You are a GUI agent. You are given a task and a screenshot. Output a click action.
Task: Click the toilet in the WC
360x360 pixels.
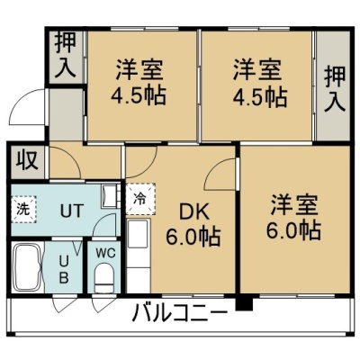(x=104, y=277)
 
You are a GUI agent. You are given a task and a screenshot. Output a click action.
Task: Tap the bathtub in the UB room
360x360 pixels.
(x=28, y=267)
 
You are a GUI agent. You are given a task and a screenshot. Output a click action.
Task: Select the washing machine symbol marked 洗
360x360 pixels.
(x=24, y=210)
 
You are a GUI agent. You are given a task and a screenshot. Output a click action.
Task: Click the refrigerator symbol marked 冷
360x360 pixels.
(x=140, y=198)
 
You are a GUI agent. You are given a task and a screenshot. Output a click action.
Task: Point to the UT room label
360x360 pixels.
(x=71, y=211)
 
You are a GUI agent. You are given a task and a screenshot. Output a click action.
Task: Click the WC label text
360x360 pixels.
(x=105, y=254)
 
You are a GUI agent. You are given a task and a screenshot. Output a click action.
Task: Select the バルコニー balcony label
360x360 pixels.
(x=180, y=312)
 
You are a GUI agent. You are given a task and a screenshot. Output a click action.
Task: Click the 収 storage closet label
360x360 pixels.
(x=27, y=160)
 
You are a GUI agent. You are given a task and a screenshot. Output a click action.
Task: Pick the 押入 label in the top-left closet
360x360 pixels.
(x=65, y=56)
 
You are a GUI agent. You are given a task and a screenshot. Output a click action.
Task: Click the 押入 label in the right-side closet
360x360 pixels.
(x=335, y=89)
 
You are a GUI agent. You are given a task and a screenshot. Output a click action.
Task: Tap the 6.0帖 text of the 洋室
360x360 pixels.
(x=293, y=229)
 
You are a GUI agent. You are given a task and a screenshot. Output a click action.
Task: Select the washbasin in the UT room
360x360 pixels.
(x=109, y=196)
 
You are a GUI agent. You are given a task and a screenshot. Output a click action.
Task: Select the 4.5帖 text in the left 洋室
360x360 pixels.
(x=139, y=95)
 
